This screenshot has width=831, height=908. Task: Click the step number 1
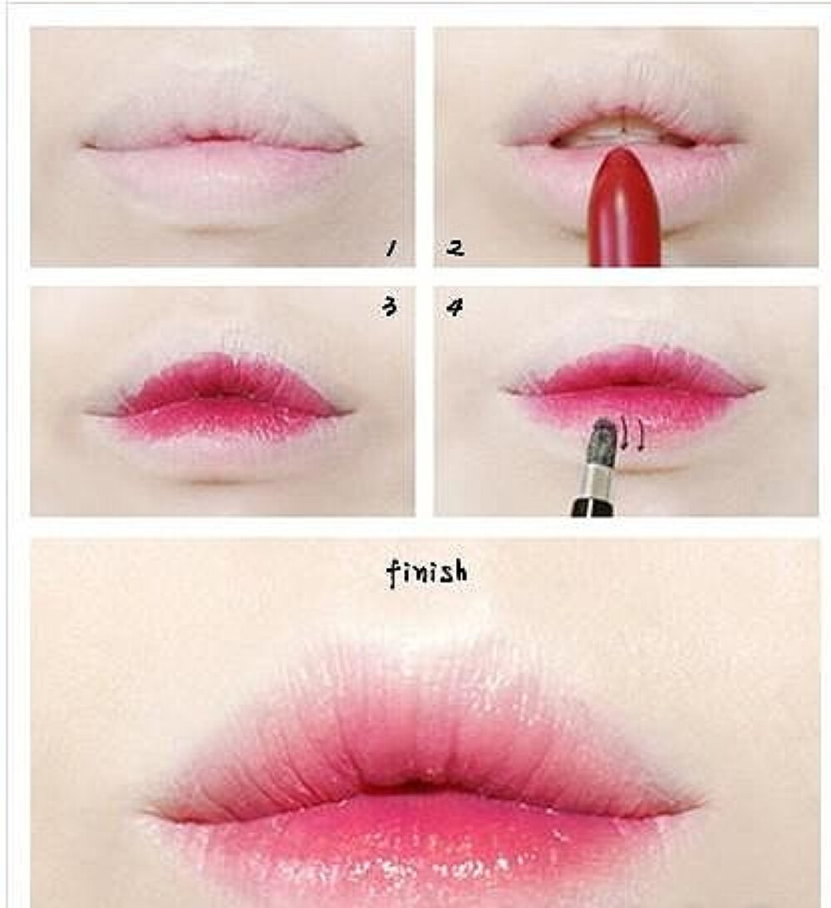[388, 247]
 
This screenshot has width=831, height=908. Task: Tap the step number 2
[455, 247]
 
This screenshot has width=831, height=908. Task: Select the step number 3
[388, 307]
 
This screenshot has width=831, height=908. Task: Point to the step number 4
[455, 307]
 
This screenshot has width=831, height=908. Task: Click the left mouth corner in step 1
[85, 146]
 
